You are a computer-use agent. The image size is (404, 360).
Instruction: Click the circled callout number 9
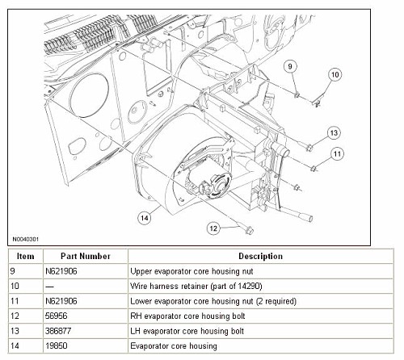(x=290, y=66)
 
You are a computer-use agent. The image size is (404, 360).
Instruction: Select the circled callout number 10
(x=335, y=74)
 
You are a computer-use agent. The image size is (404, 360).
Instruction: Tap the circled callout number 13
(x=334, y=133)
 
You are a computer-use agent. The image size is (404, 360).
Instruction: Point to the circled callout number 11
(x=337, y=154)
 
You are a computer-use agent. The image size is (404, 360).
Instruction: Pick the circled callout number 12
(x=213, y=228)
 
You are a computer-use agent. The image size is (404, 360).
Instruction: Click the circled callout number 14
(x=145, y=218)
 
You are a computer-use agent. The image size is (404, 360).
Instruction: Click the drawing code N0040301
(x=26, y=239)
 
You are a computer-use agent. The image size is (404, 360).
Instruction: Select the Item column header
(x=26, y=256)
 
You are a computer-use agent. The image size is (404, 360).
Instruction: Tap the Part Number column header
(x=86, y=256)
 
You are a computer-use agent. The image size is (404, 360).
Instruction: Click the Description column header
(x=260, y=256)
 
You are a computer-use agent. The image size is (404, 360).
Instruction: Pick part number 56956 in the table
(x=56, y=316)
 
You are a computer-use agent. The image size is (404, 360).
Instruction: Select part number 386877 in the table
(x=58, y=331)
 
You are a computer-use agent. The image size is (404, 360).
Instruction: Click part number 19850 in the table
(x=56, y=345)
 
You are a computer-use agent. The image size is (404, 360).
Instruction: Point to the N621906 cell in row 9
(x=61, y=271)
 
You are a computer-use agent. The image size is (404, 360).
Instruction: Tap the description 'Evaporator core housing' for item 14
(x=174, y=345)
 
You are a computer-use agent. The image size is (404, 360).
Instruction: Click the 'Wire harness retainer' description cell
(x=196, y=286)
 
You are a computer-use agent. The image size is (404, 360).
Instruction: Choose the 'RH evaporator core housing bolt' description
(x=187, y=316)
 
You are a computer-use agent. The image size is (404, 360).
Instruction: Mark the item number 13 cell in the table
(x=15, y=331)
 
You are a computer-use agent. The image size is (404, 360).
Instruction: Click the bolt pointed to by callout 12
(x=247, y=229)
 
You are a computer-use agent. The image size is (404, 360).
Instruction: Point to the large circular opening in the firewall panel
(x=89, y=95)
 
